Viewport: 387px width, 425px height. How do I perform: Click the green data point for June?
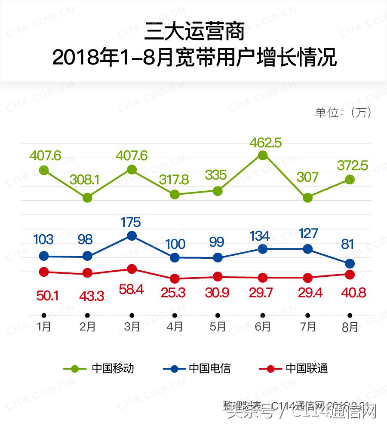click(262, 155)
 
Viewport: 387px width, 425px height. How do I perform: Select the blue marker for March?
click(132, 235)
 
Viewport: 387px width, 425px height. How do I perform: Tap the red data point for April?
click(175, 279)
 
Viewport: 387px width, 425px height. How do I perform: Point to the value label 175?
click(131, 222)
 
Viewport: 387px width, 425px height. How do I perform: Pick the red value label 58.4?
click(131, 290)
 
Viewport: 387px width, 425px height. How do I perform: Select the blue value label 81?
click(347, 245)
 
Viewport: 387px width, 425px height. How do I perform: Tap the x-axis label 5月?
click(218, 327)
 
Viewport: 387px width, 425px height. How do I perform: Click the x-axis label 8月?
click(350, 327)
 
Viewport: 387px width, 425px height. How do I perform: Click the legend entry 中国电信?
click(209, 369)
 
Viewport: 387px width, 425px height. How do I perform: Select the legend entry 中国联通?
click(307, 369)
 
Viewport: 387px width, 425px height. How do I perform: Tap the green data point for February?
click(88, 198)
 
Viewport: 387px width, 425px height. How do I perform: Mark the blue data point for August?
click(350, 263)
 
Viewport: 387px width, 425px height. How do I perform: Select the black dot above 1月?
click(44, 315)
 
